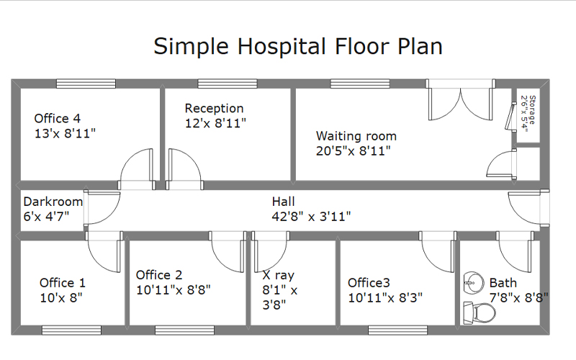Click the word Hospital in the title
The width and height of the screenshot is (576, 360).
(x=282, y=46)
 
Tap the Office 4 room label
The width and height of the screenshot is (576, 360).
(x=58, y=118)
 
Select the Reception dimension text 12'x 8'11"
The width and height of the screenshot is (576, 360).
(x=215, y=123)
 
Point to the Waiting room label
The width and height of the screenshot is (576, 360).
(x=356, y=136)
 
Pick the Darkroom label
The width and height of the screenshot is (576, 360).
(x=53, y=202)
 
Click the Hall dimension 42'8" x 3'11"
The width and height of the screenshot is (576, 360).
(x=311, y=217)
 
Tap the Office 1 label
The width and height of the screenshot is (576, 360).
(x=63, y=283)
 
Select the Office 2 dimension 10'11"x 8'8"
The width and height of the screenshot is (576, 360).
(x=174, y=290)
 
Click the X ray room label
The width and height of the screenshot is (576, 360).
(x=278, y=275)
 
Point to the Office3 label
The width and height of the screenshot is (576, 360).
(x=369, y=283)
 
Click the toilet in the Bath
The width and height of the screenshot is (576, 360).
(x=479, y=313)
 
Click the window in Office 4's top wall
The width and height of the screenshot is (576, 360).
(x=86, y=84)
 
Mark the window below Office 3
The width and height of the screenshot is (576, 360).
(x=398, y=330)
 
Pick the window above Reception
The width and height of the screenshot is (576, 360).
(x=228, y=84)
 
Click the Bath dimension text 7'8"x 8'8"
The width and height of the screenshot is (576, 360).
(x=518, y=297)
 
